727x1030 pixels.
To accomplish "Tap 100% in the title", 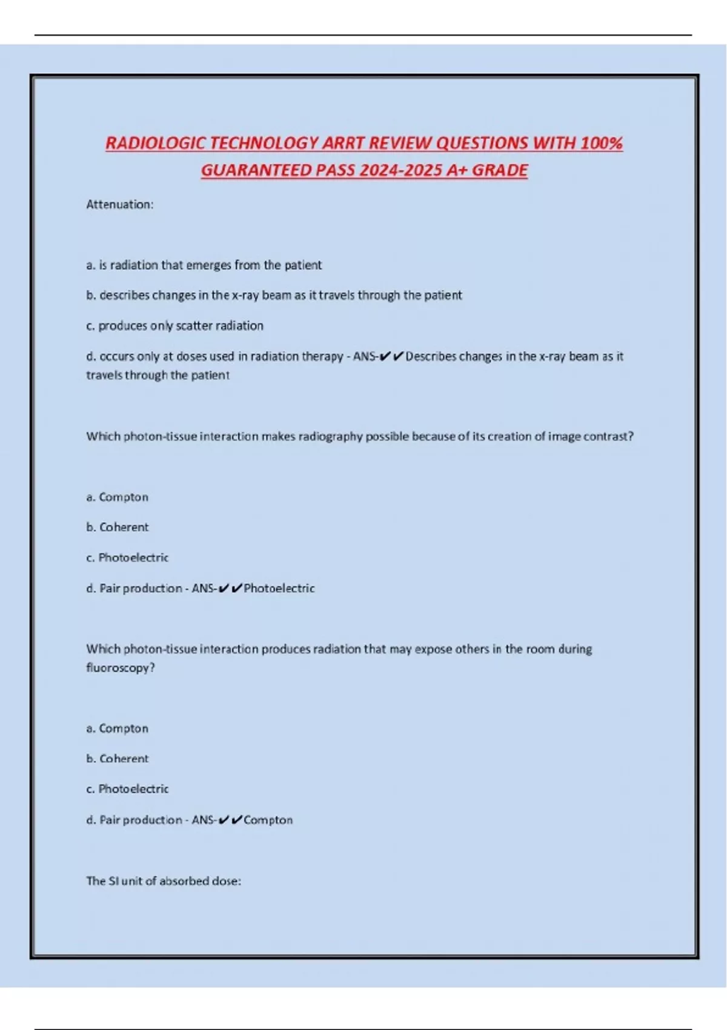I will click(602, 144).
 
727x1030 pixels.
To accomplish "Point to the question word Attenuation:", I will click(120, 205).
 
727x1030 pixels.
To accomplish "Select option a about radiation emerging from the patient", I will click(204, 265).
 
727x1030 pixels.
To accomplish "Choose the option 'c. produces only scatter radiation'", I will click(174, 326).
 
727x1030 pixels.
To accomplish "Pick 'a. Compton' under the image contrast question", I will click(118, 497).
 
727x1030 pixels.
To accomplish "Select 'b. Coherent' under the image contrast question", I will click(118, 527).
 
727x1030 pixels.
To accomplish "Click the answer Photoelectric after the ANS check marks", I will click(279, 588).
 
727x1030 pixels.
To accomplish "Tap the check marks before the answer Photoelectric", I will click(230, 588).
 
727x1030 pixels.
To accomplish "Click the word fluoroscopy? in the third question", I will click(121, 668).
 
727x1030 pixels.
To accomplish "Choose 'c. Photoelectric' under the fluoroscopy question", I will click(127, 789).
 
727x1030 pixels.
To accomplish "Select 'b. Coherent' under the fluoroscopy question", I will click(118, 759).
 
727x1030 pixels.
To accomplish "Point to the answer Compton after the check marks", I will click(268, 820).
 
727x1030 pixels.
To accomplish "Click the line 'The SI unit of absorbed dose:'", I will click(164, 881).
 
